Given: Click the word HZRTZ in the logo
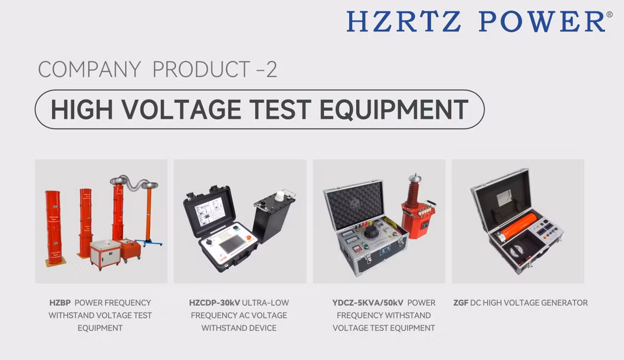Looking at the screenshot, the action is tap(404, 21).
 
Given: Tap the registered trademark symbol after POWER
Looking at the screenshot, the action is tap(609, 14).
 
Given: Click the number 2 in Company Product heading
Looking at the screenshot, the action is tap(271, 69).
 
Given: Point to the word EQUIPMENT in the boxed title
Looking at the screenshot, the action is tap(394, 110).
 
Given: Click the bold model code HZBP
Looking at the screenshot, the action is tap(60, 303).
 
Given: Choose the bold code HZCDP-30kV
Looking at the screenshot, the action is tap(215, 303).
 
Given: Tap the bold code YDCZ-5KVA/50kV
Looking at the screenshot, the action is tap(367, 303).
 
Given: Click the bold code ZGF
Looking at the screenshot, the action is tap(461, 303).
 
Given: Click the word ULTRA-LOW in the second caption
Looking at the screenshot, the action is tap(265, 303).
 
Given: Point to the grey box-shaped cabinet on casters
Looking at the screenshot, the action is tap(106, 254).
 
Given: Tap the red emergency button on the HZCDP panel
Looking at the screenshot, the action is tap(249, 238).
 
